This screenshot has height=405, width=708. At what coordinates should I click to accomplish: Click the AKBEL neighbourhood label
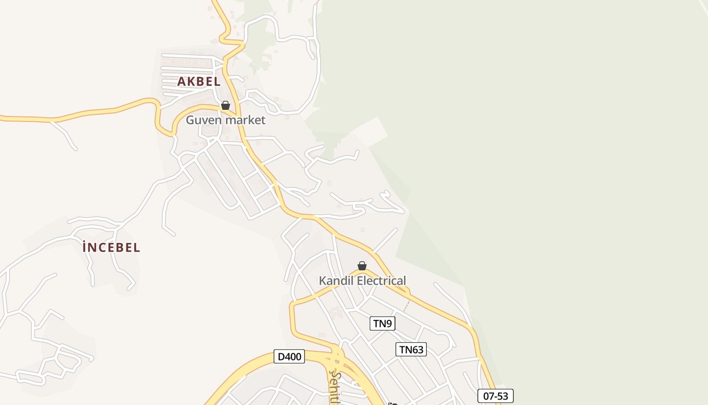(x=199, y=81)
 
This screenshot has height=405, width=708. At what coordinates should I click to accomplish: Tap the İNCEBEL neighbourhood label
(x=111, y=248)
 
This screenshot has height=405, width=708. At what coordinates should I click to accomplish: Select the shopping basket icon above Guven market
(x=226, y=105)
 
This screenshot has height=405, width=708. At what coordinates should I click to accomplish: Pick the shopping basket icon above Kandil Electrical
(x=362, y=266)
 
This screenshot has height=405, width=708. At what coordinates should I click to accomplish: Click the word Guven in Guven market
(x=204, y=120)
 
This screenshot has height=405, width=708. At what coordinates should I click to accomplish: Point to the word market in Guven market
(x=245, y=120)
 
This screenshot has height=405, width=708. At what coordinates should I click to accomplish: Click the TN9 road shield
(x=382, y=323)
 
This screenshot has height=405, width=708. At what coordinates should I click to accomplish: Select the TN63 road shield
(x=411, y=349)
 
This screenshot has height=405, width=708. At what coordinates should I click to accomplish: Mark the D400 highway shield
(x=290, y=356)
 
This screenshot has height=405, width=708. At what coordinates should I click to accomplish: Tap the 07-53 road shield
(x=495, y=396)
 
